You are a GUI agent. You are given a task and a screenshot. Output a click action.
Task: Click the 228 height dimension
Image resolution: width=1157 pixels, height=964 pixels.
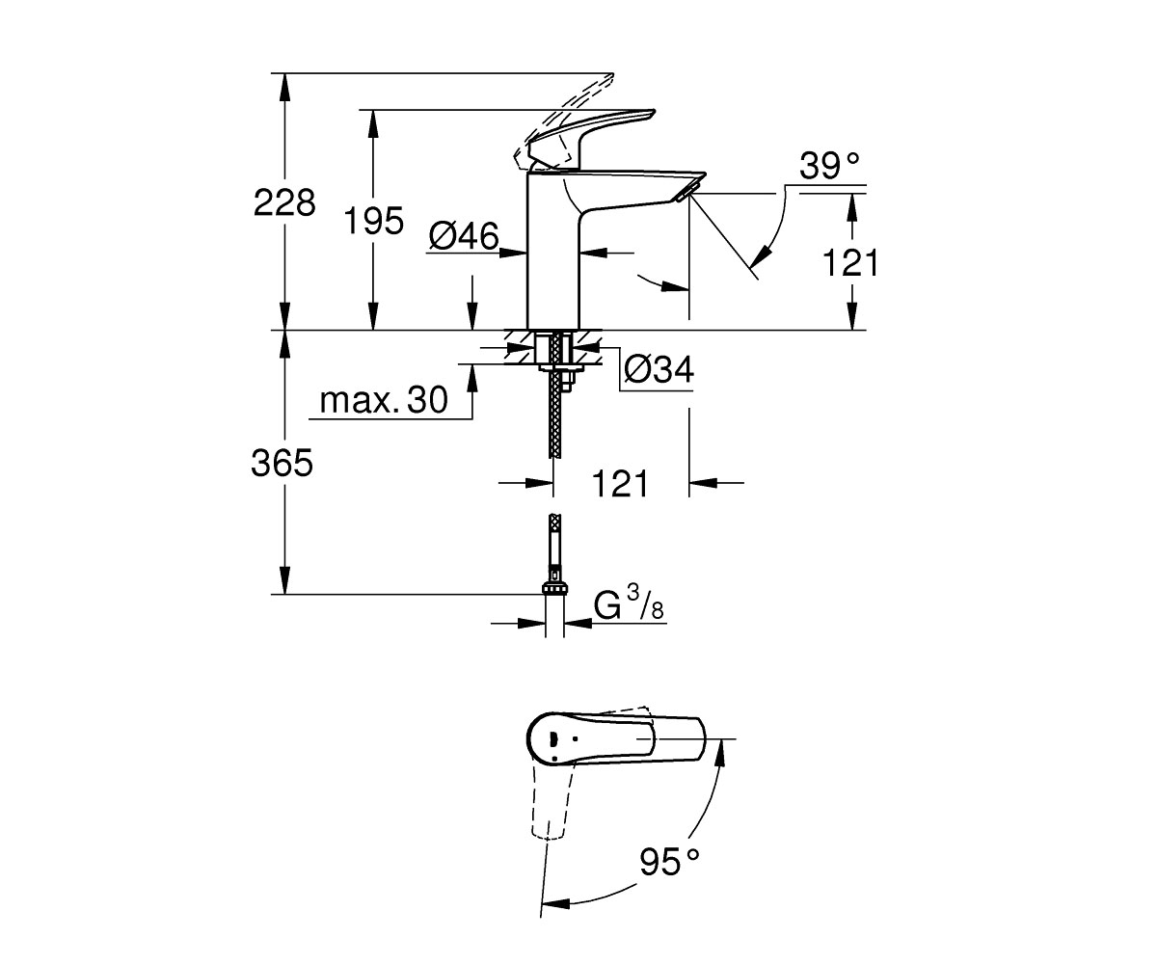[284, 202]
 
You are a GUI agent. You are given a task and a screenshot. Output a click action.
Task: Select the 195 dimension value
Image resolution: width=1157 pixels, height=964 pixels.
[374, 221]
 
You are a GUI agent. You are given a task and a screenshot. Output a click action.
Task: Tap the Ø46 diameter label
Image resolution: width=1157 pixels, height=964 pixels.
[464, 236]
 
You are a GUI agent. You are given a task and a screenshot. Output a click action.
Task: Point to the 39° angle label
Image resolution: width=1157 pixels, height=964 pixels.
[829, 165]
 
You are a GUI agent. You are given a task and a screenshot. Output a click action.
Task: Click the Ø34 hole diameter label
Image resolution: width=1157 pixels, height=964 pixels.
[659, 369]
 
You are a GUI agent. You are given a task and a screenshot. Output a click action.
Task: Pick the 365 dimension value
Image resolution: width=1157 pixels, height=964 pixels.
[283, 463]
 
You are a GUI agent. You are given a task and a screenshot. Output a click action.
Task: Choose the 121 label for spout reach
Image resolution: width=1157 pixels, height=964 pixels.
[620, 484]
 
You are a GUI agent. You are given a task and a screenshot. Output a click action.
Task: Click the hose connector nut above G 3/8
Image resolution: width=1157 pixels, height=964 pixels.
[554, 588]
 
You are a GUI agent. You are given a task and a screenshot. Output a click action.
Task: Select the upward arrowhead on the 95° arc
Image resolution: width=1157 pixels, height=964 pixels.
[721, 752]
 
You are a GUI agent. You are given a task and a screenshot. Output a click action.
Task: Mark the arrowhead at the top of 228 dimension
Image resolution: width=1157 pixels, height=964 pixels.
[284, 87]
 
